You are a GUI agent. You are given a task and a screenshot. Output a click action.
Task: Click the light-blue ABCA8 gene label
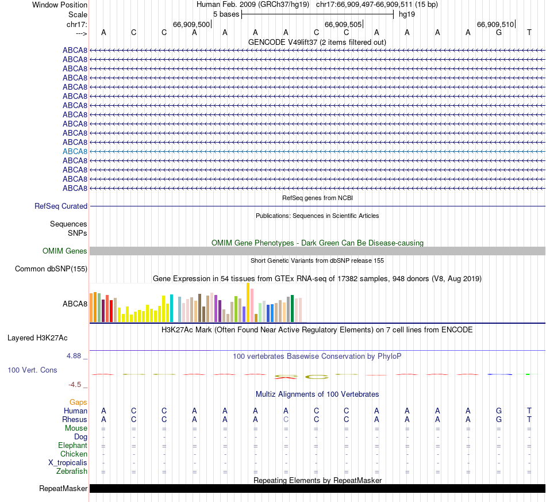75,151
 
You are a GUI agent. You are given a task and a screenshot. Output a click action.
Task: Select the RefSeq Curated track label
61,206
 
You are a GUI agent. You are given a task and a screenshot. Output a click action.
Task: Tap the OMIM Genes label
65,251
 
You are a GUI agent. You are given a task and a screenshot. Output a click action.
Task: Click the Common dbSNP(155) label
51,269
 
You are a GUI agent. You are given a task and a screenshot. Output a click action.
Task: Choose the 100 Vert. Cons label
32,370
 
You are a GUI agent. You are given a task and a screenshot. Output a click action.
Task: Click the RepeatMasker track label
63,489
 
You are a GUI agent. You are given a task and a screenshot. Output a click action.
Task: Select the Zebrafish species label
72,472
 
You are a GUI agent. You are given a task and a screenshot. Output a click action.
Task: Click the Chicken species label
74,454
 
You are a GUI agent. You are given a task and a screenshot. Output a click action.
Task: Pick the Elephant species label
72,446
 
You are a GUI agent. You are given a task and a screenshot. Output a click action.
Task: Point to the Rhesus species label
75,419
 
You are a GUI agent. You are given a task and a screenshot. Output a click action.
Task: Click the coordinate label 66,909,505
343,24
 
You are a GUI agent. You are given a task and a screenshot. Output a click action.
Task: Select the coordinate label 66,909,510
495,24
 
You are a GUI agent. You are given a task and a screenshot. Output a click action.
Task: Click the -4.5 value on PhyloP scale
78,385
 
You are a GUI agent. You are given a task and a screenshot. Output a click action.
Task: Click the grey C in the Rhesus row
286,419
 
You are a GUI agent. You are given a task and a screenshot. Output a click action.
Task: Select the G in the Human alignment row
499,411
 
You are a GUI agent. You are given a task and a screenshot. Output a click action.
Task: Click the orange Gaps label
78,402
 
